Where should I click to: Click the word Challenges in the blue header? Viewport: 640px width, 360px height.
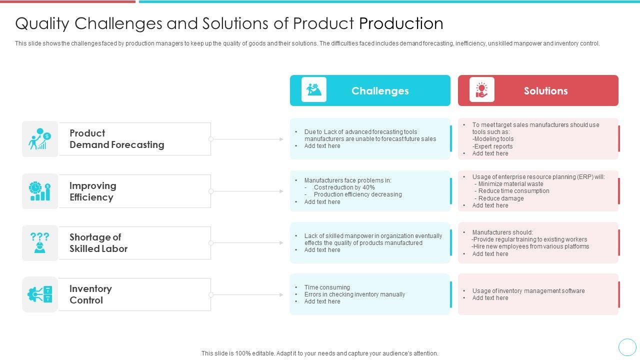coord(380,91)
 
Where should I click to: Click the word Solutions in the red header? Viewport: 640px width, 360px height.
coord(545,91)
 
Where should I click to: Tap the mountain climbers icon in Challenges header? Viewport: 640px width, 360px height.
coord(314,90)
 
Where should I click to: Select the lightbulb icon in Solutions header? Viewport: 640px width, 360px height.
coord(481,90)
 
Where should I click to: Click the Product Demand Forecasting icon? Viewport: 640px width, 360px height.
coord(40,139)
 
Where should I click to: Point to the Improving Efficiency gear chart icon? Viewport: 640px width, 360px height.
coord(40,191)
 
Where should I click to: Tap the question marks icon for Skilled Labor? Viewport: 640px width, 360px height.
coord(40,242)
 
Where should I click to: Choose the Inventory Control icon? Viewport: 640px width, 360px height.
coord(40,294)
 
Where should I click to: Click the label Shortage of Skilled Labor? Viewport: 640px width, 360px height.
coord(98,243)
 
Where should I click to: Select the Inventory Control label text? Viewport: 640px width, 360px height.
coord(90,294)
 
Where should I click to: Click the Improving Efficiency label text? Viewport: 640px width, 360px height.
coord(92,191)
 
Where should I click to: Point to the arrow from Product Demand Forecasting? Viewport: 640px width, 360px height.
coord(247,139)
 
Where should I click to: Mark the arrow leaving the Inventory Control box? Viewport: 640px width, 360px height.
coord(247,295)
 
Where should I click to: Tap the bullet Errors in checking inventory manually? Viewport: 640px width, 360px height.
coord(354,294)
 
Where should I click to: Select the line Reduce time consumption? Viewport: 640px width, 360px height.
coord(506,191)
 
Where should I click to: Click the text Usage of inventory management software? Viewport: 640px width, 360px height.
coord(528,291)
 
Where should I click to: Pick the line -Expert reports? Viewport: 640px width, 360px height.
coord(492,146)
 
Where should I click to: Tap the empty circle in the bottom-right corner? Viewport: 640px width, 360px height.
coord(627,347)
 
